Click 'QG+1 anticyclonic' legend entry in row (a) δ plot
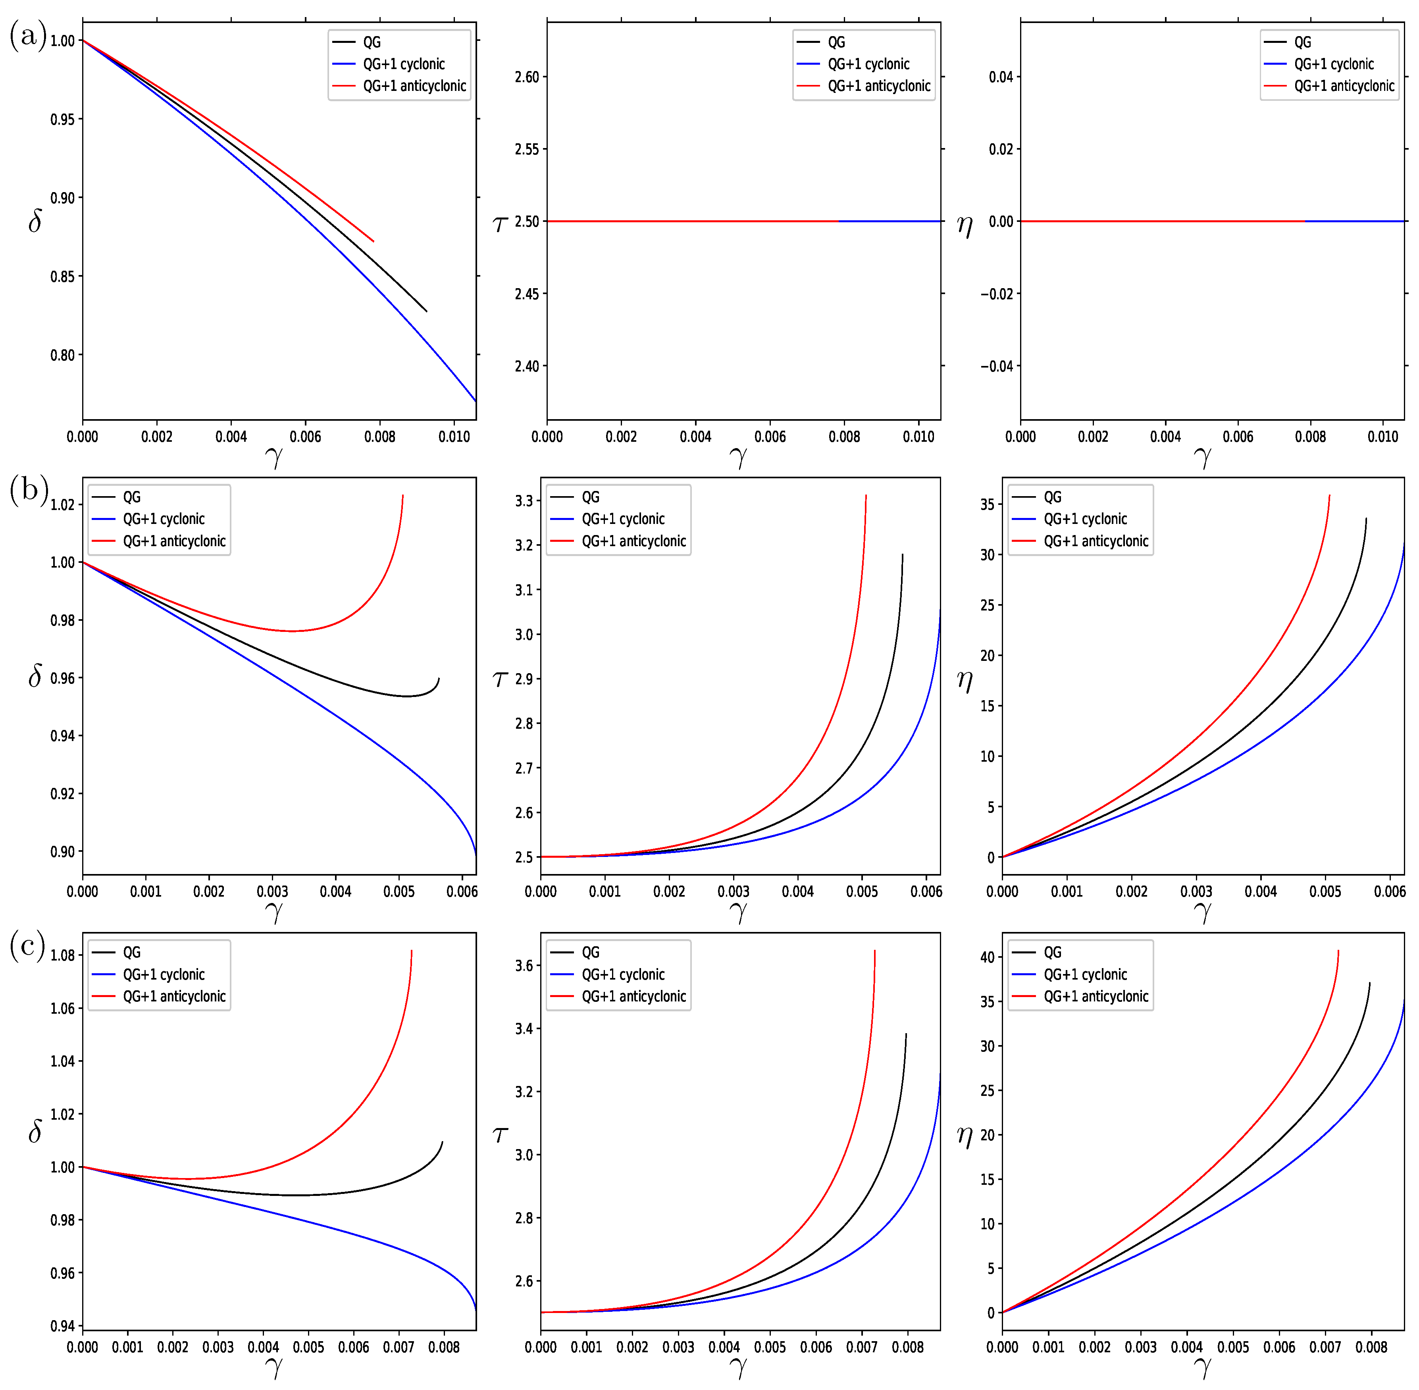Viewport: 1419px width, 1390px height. pos(414,86)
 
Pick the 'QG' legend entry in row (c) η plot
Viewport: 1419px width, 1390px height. pos(1052,953)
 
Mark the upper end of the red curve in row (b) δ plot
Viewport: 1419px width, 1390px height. pos(402,496)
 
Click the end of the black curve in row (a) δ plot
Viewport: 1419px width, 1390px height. pos(426,312)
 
